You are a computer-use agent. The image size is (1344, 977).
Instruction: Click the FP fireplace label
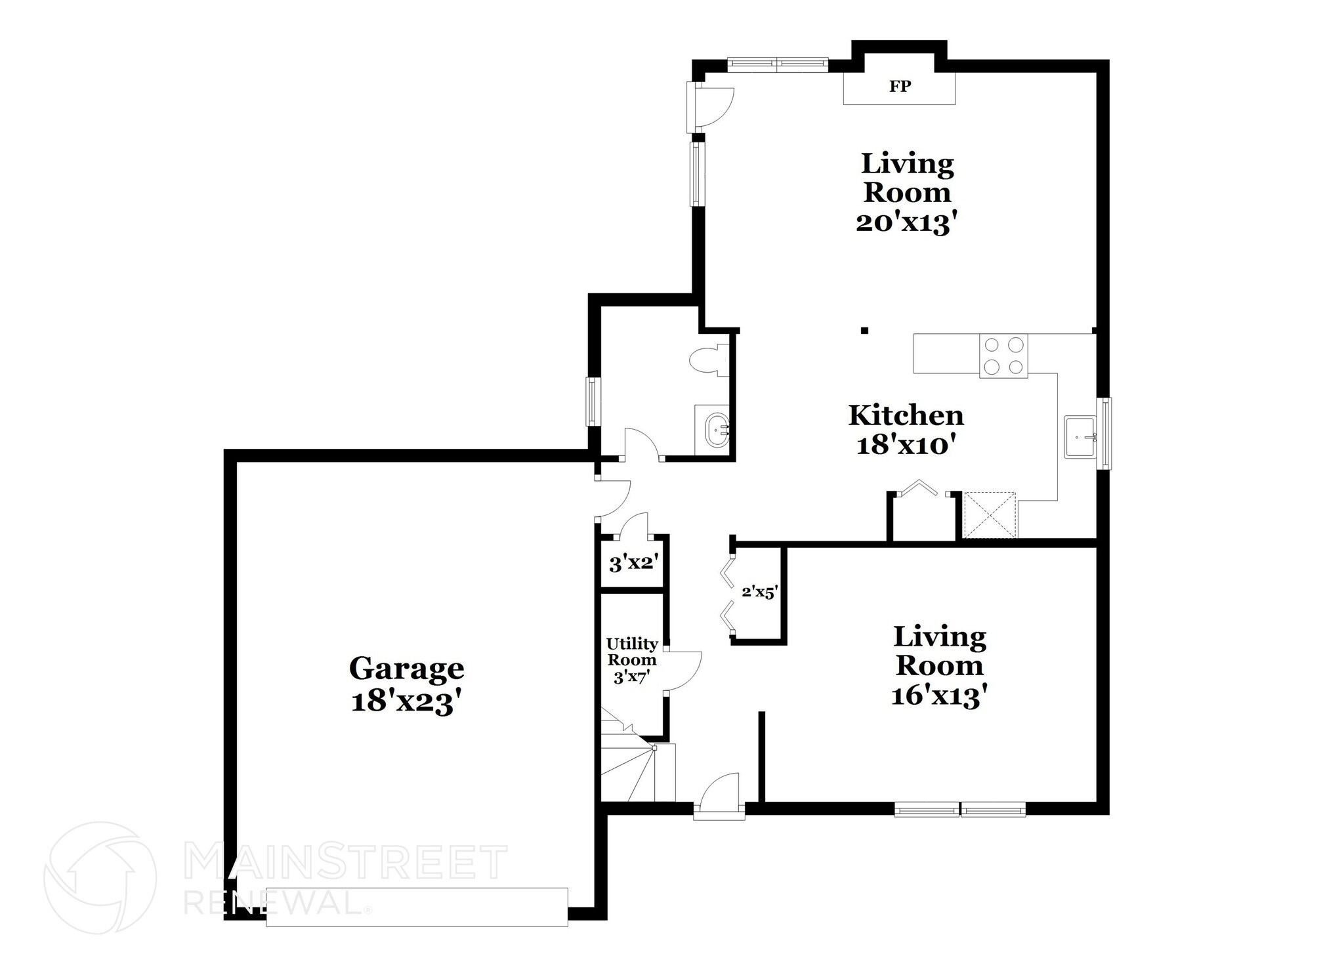click(x=900, y=87)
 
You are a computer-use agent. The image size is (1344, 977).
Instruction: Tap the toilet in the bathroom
click(x=709, y=360)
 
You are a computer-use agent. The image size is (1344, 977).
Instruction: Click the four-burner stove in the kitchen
click(x=1003, y=356)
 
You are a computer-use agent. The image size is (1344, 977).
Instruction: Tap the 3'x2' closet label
click(x=633, y=563)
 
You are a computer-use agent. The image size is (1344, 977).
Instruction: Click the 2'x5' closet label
click(x=759, y=592)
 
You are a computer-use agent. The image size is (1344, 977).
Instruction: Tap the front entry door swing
click(x=720, y=795)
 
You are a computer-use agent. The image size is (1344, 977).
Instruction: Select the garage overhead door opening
click(x=416, y=906)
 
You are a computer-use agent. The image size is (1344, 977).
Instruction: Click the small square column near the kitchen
click(x=864, y=330)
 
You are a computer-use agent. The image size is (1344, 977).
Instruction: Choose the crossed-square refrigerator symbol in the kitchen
click(x=989, y=515)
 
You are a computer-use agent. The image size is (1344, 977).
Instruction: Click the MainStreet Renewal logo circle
click(x=100, y=877)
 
